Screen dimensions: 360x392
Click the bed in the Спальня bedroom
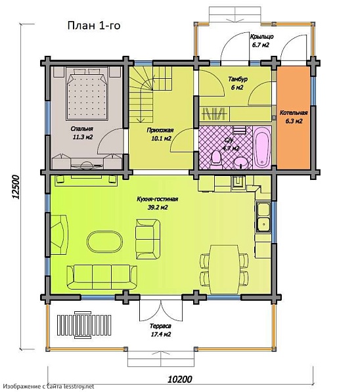[x=87, y=94]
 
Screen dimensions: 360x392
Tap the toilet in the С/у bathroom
[x=216, y=160]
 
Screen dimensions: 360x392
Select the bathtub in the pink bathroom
[x=262, y=148]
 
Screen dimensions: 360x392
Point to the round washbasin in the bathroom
[x=240, y=163]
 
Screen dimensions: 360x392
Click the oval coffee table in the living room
[x=105, y=242]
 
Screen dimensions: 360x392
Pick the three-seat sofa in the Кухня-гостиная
[x=102, y=277]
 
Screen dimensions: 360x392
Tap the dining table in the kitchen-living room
[x=224, y=269]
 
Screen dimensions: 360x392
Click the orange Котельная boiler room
[x=294, y=118]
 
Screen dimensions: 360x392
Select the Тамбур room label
[x=238, y=79]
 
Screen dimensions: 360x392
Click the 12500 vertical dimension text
[x=16, y=187]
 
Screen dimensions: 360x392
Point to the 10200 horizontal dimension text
[x=179, y=379]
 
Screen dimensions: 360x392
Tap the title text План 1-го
[x=94, y=26]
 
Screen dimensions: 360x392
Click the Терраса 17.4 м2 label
[x=160, y=330]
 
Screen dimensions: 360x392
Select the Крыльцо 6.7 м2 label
[x=261, y=41]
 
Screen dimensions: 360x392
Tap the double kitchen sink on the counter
[x=263, y=217]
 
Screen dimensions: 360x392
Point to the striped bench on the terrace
[x=84, y=325]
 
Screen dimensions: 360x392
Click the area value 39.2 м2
[x=158, y=207]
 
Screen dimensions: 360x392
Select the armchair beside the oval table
[x=148, y=239]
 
